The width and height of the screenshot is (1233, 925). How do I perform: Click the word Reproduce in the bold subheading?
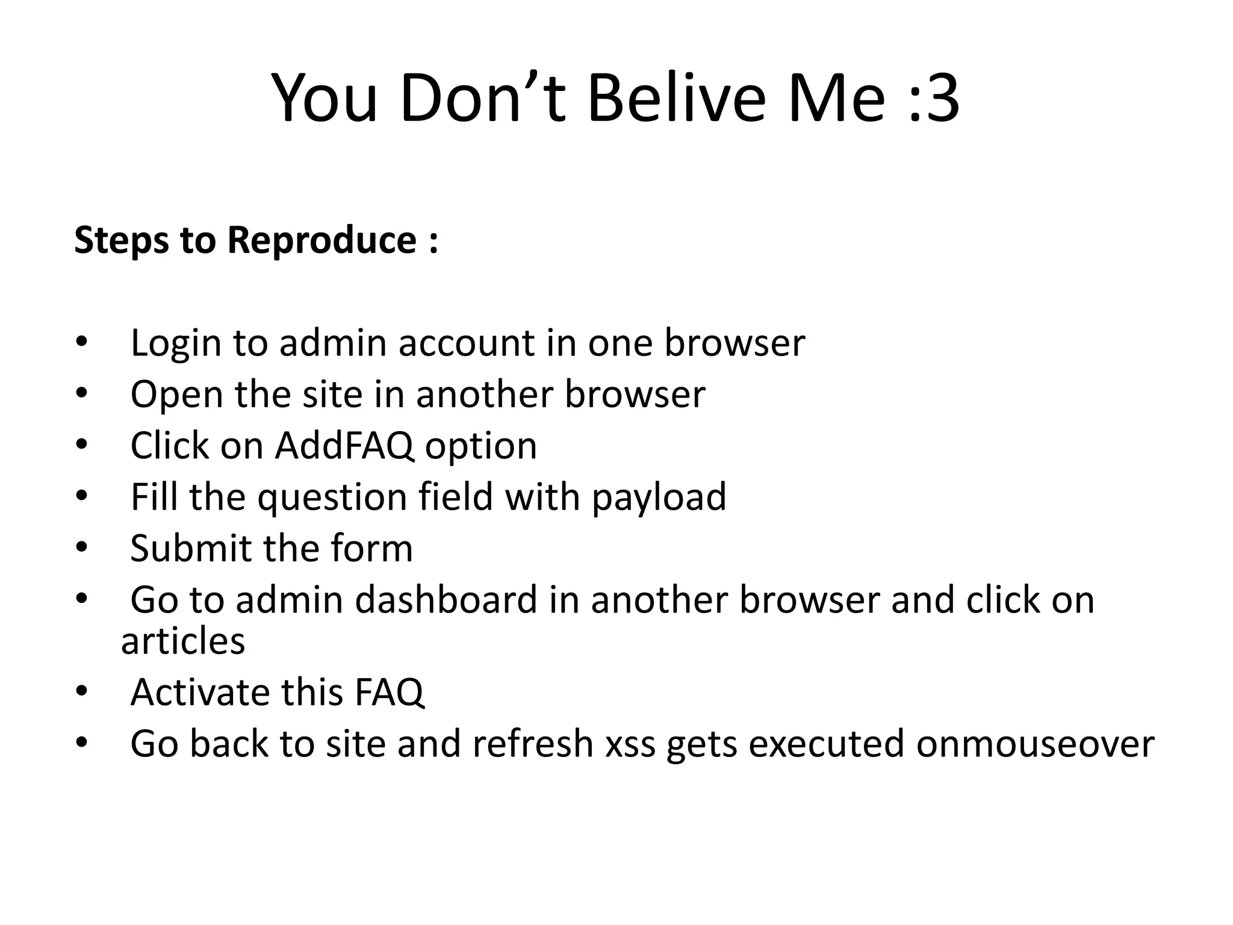321,240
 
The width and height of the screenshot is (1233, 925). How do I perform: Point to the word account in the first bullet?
467,343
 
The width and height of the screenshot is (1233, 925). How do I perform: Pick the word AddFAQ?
344,446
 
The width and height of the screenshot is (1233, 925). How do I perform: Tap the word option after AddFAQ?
481,447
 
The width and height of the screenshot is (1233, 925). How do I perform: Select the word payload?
659,499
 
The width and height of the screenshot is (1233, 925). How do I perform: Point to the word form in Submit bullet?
371,549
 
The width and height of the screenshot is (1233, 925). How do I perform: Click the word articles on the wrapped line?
183,641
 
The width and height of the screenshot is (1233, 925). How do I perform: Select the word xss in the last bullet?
630,744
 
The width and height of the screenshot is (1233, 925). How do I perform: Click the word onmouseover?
1035,744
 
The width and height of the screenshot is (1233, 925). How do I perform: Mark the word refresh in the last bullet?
533,744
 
